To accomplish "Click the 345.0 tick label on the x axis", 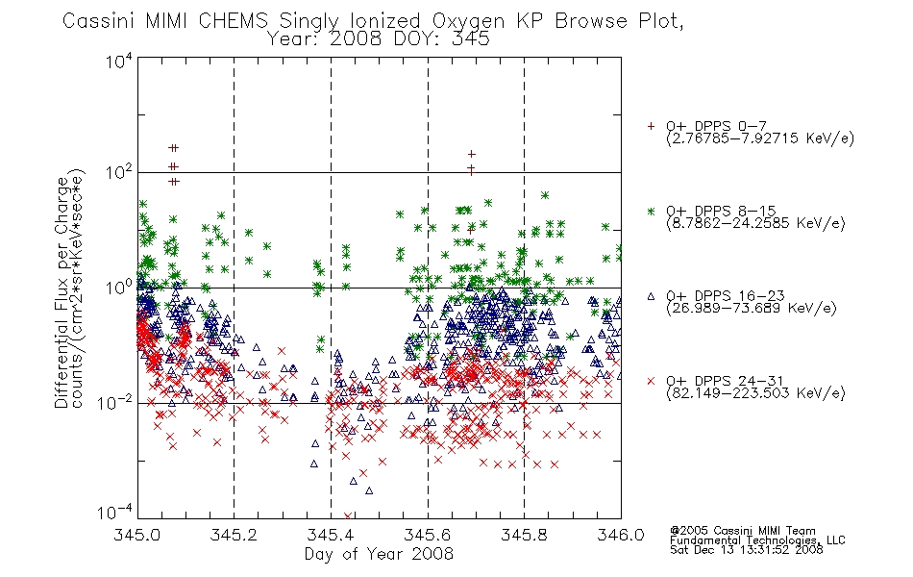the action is [137, 535].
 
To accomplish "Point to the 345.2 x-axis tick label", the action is [234, 535].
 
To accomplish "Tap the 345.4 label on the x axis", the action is [331, 535].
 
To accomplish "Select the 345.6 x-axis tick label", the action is [428, 535].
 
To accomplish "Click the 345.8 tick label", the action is [524, 535].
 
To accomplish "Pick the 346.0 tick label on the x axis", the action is [621, 535].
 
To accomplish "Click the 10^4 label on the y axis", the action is [119, 62].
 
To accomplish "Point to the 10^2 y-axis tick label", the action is [119, 172].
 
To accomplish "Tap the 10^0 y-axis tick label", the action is [119, 288].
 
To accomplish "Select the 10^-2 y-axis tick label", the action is [115, 402].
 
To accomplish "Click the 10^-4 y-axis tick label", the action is [115, 513].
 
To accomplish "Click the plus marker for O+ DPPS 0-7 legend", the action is [651, 126].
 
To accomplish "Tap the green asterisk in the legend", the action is [651, 211].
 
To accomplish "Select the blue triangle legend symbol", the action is [651, 296].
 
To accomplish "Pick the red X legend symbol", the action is [651, 381].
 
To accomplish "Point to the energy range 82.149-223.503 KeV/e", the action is [755, 393].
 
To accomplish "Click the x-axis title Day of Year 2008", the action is [379, 554].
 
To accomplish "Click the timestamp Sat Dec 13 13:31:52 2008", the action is [747, 549].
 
